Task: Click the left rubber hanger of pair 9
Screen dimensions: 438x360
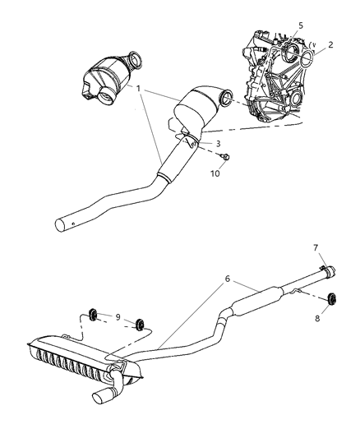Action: click(94, 312)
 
